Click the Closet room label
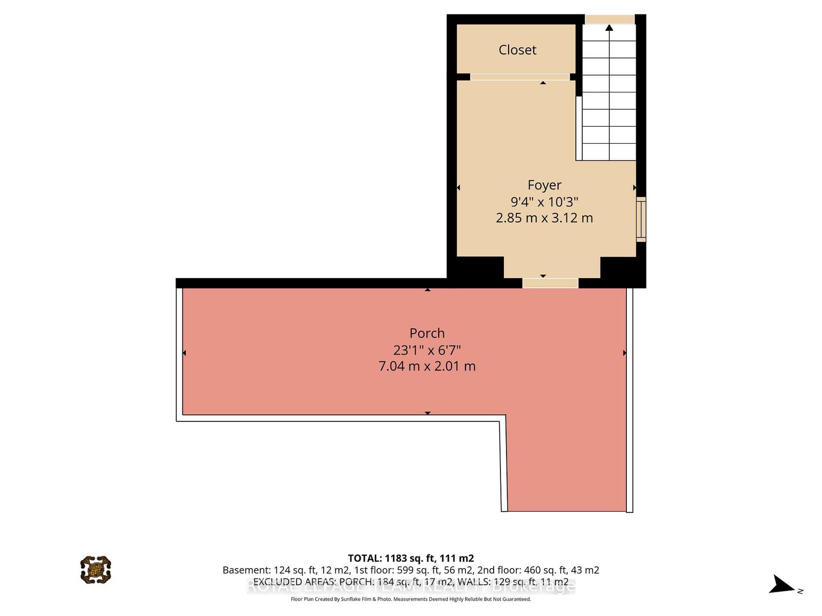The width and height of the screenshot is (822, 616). pyautogui.click(x=517, y=50)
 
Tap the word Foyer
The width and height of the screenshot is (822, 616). pyautogui.click(x=544, y=185)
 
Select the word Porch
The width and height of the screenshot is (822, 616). pyautogui.click(x=427, y=333)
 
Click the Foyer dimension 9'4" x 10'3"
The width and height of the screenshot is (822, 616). pyautogui.click(x=544, y=202)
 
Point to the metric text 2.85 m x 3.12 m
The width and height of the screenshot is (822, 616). pyautogui.click(x=544, y=218)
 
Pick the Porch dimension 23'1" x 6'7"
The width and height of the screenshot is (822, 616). pyautogui.click(x=427, y=350)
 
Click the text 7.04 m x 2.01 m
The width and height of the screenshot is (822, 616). pyautogui.click(x=427, y=367)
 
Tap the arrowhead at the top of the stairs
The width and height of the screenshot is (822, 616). pyautogui.click(x=609, y=28)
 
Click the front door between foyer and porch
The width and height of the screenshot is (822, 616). pyautogui.click(x=550, y=283)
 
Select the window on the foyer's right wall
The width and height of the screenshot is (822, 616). pyautogui.click(x=641, y=219)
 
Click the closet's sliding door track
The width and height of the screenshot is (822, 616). pyautogui.click(x=520, y=77)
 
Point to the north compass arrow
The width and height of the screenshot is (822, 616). pyautogui.click(x=782, y=585)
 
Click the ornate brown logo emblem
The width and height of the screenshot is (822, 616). pyautogui.click(x=96, y=569)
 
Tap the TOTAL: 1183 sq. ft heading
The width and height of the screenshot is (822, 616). pyautogui.click(x=410, y=558)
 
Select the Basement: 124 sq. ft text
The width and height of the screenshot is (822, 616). pyautogui.click(x=286, y=570)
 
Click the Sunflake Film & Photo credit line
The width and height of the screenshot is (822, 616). pyautogui.click(x=410, y=599)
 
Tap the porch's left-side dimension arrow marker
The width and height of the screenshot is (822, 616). pyautogui.click(x=184, y=353)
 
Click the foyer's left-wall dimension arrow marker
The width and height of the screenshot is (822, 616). pyautogui.click(x=458, y=187)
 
